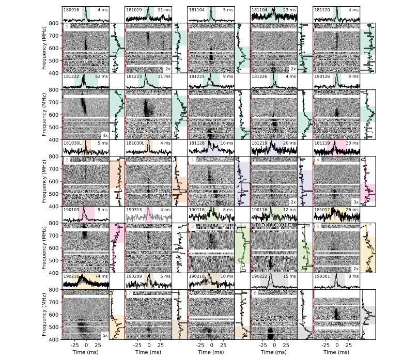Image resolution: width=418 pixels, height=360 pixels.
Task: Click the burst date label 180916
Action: (x=70, y=10)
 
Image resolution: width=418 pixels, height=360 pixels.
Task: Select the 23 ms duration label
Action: (x=289, y=10)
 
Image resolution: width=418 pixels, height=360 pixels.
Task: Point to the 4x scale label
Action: (x=104, y=135)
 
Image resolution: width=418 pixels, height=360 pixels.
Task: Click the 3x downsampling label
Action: (x=355, y=202)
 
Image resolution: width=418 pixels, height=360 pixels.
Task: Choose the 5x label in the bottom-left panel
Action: (x=104, y=335)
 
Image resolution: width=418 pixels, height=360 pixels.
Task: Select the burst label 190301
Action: (x=322, y=276)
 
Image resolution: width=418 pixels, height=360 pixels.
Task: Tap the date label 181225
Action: (x=196, y=76)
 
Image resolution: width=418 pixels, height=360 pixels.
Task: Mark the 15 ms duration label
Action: (x=289, y=276)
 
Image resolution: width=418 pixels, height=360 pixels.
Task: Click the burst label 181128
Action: (x=196, y=143)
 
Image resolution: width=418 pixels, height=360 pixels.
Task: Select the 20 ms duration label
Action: (x=289, y=143)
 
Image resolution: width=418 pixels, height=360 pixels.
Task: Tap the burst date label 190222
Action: (x=259, y=276)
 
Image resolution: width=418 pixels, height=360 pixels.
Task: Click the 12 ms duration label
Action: (x=289, y=210)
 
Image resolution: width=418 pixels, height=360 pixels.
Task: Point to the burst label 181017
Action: (x=322, y=210)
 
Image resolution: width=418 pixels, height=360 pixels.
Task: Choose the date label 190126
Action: (x=322, y=76)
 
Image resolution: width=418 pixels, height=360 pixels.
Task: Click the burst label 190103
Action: (x=70, y=210)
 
